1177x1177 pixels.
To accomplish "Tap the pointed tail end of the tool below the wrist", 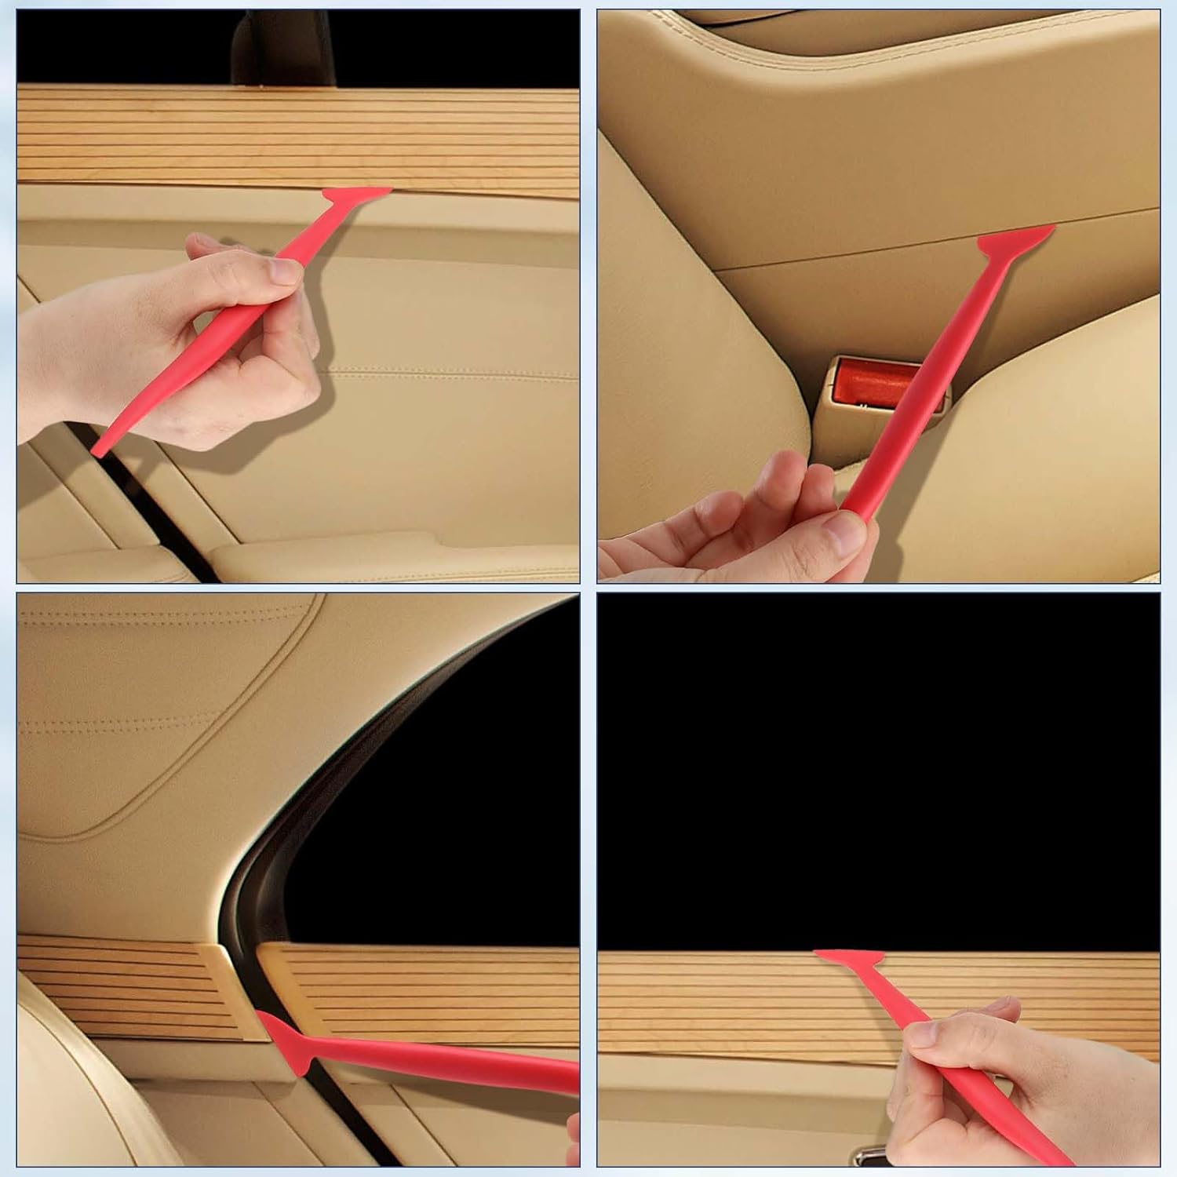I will [x=102, y=447].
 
